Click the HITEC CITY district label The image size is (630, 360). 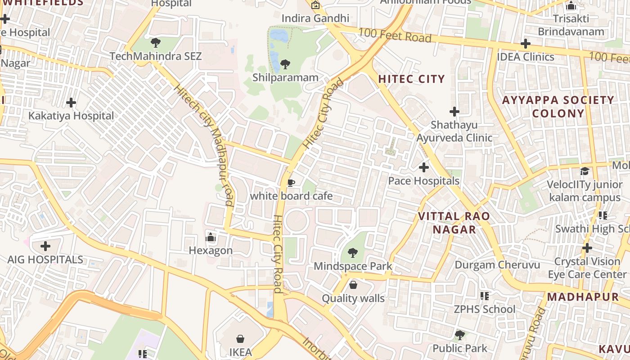coord(411,79)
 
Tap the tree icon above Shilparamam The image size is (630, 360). coord(285,64)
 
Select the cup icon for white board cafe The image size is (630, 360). coord(291,183)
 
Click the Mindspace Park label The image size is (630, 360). coord(353,266)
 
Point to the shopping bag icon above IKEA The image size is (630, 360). coord(240,338)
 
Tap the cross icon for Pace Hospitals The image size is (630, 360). coord(423,167)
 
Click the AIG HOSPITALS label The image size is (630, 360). coord(45,260)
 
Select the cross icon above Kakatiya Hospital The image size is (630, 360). coord(71,103)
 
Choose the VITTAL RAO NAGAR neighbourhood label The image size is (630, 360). coord(454,223)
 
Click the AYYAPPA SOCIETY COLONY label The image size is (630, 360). coord(558,107)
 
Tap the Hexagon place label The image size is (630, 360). coord(211,251)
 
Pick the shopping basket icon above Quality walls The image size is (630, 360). coord(353,285)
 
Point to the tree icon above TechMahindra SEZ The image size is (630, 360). coord(156,43)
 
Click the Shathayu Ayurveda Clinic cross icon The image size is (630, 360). coord(454,111)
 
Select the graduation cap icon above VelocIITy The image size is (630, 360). coord(585,171)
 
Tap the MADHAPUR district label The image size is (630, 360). coord(583,297)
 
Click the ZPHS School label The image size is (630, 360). coord(484,309)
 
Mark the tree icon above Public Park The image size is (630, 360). coord(459,335)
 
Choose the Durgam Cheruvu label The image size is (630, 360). coord(497,265)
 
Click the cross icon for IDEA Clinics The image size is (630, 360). coord(525,44)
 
